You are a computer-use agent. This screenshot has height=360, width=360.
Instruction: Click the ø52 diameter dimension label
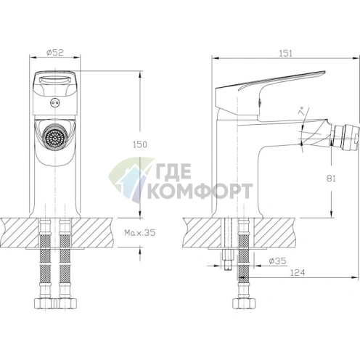(x=55, y=53)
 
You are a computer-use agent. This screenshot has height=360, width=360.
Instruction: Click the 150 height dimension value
(x=140, y=144)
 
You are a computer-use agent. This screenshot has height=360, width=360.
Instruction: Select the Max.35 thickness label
(x=140, y=233)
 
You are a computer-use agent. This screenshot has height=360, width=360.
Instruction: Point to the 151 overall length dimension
(x=285, y=54)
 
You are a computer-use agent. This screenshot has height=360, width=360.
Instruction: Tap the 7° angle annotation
(x=301, y=112)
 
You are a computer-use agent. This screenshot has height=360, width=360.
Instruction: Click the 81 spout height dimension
(x=331, y=179)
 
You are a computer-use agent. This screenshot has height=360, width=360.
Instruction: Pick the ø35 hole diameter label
(x=277, y=261)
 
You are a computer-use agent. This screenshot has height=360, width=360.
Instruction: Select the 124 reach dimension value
(x=298, y=273)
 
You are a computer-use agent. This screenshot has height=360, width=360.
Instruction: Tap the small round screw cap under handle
(x=54, y=103)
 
